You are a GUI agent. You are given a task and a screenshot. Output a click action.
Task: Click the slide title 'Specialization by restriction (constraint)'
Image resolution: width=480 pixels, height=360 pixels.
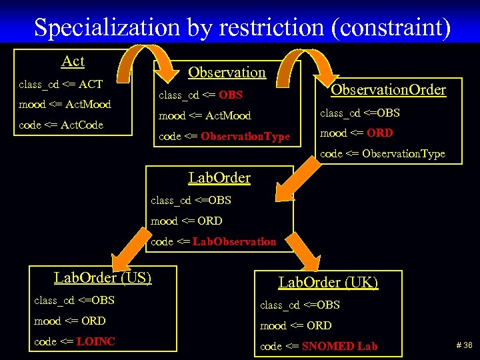coord(242,27)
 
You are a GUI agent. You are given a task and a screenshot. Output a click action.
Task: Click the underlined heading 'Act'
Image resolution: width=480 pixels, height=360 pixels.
coord(73,61)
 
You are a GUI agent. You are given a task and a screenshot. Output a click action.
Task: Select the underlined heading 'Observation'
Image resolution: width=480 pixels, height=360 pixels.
coord(227,72)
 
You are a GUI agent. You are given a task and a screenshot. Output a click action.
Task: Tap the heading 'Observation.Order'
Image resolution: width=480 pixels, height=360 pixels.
coord(389,90)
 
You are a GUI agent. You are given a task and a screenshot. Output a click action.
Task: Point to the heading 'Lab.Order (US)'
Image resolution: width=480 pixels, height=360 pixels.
coord(103,277)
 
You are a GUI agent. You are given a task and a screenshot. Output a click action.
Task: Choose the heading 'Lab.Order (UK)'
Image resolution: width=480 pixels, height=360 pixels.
coord(328,282)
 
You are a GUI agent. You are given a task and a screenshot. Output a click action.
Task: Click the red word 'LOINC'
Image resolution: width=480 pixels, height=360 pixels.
coord(96,341)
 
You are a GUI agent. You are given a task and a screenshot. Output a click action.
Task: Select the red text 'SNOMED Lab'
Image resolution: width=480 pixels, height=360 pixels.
coord(340,346)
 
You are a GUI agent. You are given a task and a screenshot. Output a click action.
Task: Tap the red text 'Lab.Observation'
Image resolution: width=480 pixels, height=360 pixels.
coord(234,241)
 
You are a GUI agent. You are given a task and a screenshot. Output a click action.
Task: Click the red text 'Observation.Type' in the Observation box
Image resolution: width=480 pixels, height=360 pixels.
coord(245,137)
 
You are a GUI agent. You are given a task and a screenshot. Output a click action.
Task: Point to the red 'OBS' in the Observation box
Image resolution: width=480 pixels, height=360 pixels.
coord(231,95)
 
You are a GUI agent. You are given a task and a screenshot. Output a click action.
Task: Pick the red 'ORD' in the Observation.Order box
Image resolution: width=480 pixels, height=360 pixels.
coord(380,133)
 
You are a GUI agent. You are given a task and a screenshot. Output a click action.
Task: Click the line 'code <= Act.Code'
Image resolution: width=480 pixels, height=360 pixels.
coord(61,125)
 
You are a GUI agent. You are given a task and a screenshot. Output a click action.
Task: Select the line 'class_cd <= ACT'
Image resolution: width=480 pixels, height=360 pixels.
coord(61,84)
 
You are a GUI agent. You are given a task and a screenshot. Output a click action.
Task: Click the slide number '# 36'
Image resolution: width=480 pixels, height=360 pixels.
coord(464,345)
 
